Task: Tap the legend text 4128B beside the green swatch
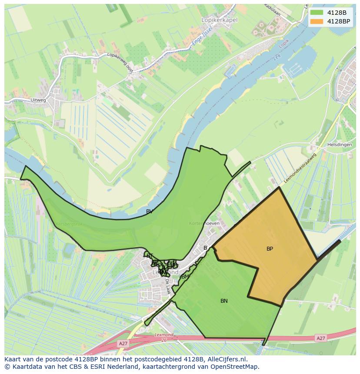click(x=337, y=13)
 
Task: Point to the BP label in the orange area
click(x=270, y=249)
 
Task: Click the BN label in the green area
click(x=224, y=301)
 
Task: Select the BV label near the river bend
click(x=149, y=212)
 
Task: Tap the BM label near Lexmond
click(x=185, y=277)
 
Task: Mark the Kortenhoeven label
click(x=204, y=223)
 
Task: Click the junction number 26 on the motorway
click(x=164, y=340)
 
